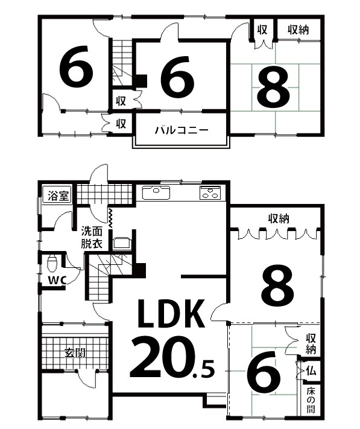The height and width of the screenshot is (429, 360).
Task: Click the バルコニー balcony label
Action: tap(180, 129)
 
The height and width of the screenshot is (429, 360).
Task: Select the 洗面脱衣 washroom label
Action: tap(92, 237)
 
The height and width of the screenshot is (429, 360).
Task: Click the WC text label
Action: tap(57, 281)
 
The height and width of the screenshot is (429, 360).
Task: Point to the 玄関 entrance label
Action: tap(74, 352)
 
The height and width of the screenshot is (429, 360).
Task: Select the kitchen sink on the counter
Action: tap(157, 193)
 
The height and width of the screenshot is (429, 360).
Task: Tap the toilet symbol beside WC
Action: tap(52, 263)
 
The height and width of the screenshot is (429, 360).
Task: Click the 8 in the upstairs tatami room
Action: tap(273, 88)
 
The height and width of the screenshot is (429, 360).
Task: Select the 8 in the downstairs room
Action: tap(276, 285)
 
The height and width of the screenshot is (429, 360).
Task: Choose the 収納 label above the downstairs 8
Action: tap(277, 217)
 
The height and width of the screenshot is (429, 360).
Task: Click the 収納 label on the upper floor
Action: tap(298, 29)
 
